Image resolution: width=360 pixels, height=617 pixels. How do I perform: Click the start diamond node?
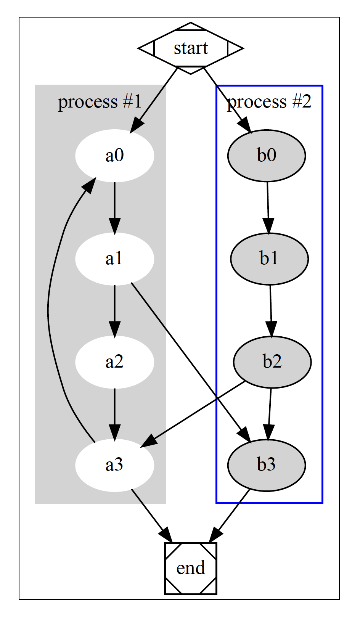coord(191,48)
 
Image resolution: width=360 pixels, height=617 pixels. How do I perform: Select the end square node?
coord(191,568)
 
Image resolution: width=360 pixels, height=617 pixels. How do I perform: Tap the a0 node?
coord(114,156)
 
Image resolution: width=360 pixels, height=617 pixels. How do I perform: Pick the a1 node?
coord(114,259)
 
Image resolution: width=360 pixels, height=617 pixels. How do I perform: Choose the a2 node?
coord(114,362)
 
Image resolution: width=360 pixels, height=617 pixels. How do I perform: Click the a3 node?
coord(114,465)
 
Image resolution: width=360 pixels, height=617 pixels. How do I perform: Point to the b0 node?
coord(267,156)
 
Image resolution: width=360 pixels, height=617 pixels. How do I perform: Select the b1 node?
coord(269,259)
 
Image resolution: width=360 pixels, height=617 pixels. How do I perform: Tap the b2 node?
coord(272,362)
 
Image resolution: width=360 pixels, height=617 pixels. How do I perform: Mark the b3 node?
coord(267,465)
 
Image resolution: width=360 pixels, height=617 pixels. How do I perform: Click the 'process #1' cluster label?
coord(100,102)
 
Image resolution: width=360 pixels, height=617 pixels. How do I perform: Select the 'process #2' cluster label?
coord(270,102)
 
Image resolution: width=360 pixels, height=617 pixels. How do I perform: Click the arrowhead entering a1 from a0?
coord(114,226)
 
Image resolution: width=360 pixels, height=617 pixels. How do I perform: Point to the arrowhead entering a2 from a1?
coord(114,329)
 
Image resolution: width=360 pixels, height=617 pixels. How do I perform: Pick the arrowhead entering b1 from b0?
coord(268,226)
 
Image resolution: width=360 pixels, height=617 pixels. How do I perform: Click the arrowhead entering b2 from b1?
coord(271,329)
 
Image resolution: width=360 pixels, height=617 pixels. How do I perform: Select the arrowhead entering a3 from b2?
coord(149,441)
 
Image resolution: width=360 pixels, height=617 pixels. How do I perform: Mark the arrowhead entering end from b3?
coord(215,535)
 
